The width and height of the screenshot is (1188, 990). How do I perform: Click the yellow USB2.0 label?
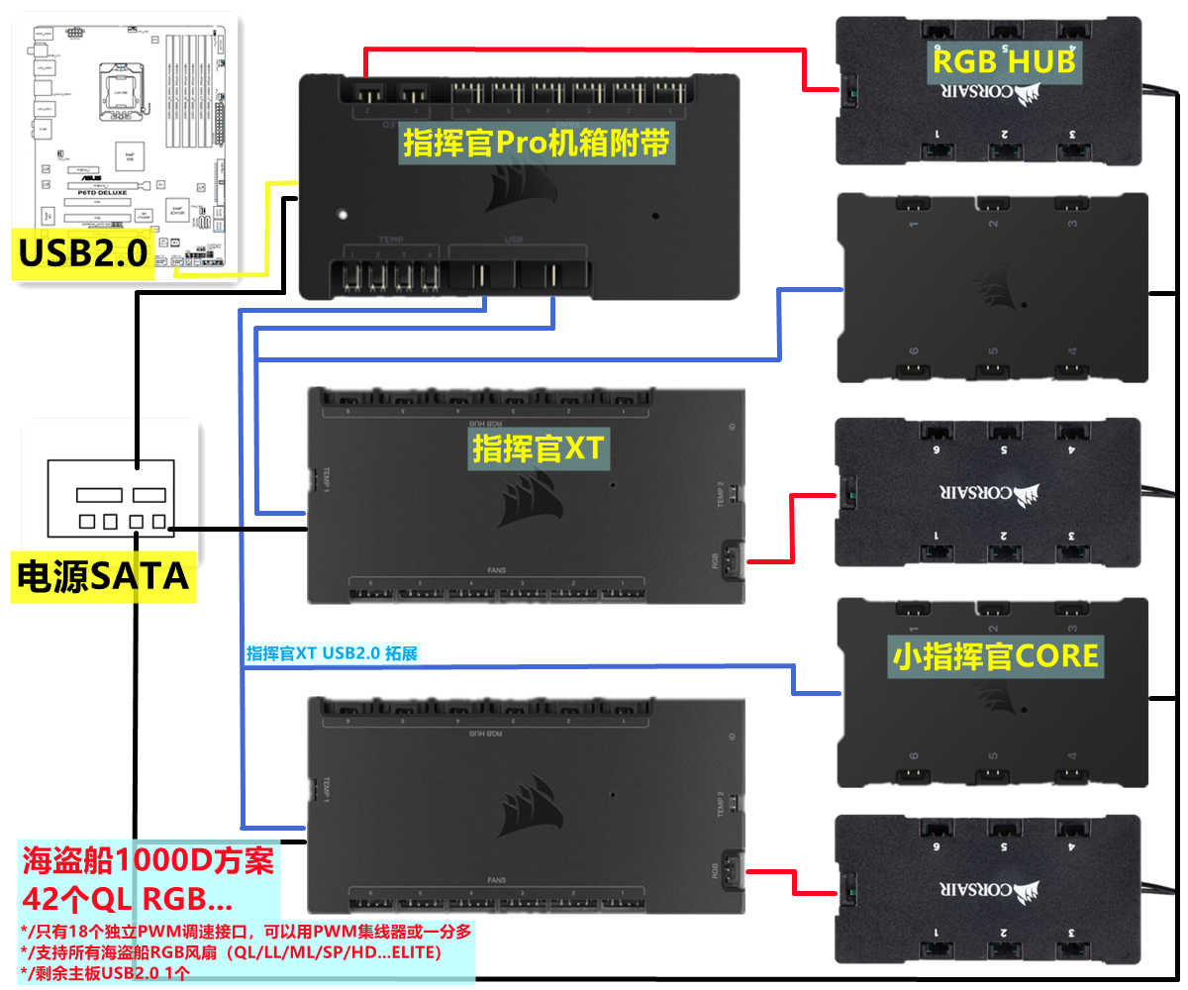coord(84,254)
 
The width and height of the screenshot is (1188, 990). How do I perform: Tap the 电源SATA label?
coord(103,575)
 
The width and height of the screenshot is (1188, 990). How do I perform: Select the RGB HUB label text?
coord(1003,61)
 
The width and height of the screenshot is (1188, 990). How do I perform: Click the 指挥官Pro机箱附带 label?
coord(538,145)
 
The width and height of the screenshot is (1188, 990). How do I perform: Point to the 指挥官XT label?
coord(538,449)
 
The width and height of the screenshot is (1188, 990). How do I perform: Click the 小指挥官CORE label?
coord(996,655)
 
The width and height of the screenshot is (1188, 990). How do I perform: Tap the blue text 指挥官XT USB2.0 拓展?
coord(333,653)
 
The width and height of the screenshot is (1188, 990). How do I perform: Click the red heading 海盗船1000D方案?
coord(148,860)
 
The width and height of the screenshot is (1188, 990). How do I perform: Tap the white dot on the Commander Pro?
coord(343,213)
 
